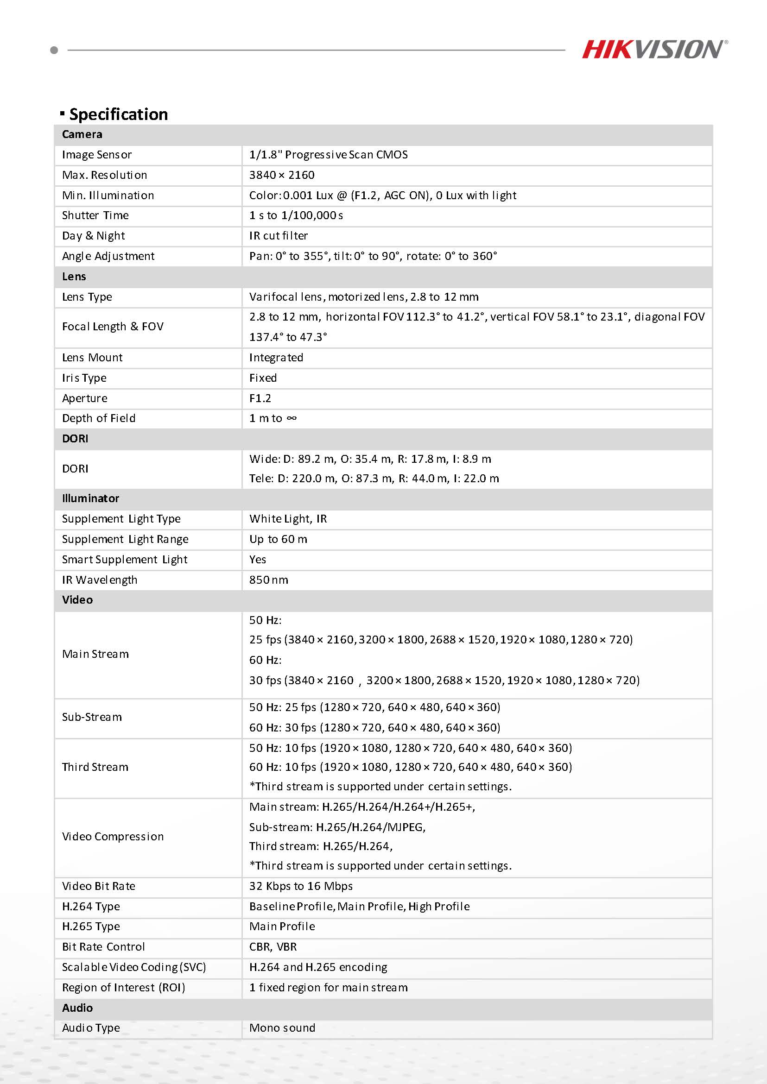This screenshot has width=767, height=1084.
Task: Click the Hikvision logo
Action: (654, 50)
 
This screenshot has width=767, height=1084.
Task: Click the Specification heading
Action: (118, 114)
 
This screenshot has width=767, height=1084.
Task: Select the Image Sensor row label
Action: (97, 155)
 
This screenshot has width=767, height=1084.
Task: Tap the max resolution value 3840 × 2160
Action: (281, 175)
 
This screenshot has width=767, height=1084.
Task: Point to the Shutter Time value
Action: (296, 215)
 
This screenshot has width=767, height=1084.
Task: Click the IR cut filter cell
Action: (279, 236)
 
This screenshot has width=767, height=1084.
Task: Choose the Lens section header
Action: (74, 277)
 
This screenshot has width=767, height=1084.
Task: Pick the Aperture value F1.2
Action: (260, 398)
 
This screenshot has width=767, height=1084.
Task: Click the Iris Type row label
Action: (84, 378)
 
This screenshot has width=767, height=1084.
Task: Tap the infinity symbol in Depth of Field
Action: (292, 418)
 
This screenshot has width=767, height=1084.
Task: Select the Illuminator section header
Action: (90, 498)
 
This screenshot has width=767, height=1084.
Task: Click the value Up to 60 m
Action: (278, 539)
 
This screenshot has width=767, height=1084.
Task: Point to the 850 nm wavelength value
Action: (269, 580)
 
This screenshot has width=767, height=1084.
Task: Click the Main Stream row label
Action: (95, 655)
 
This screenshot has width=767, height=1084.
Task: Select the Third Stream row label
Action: (95, 767)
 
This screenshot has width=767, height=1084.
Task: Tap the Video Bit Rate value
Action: (301, 886)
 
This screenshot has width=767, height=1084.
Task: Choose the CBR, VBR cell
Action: (273, 947)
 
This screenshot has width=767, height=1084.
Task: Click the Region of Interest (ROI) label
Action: (123, 988)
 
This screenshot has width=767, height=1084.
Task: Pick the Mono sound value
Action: (282, 1028)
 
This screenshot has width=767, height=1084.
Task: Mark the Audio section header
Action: (77, 1008)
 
